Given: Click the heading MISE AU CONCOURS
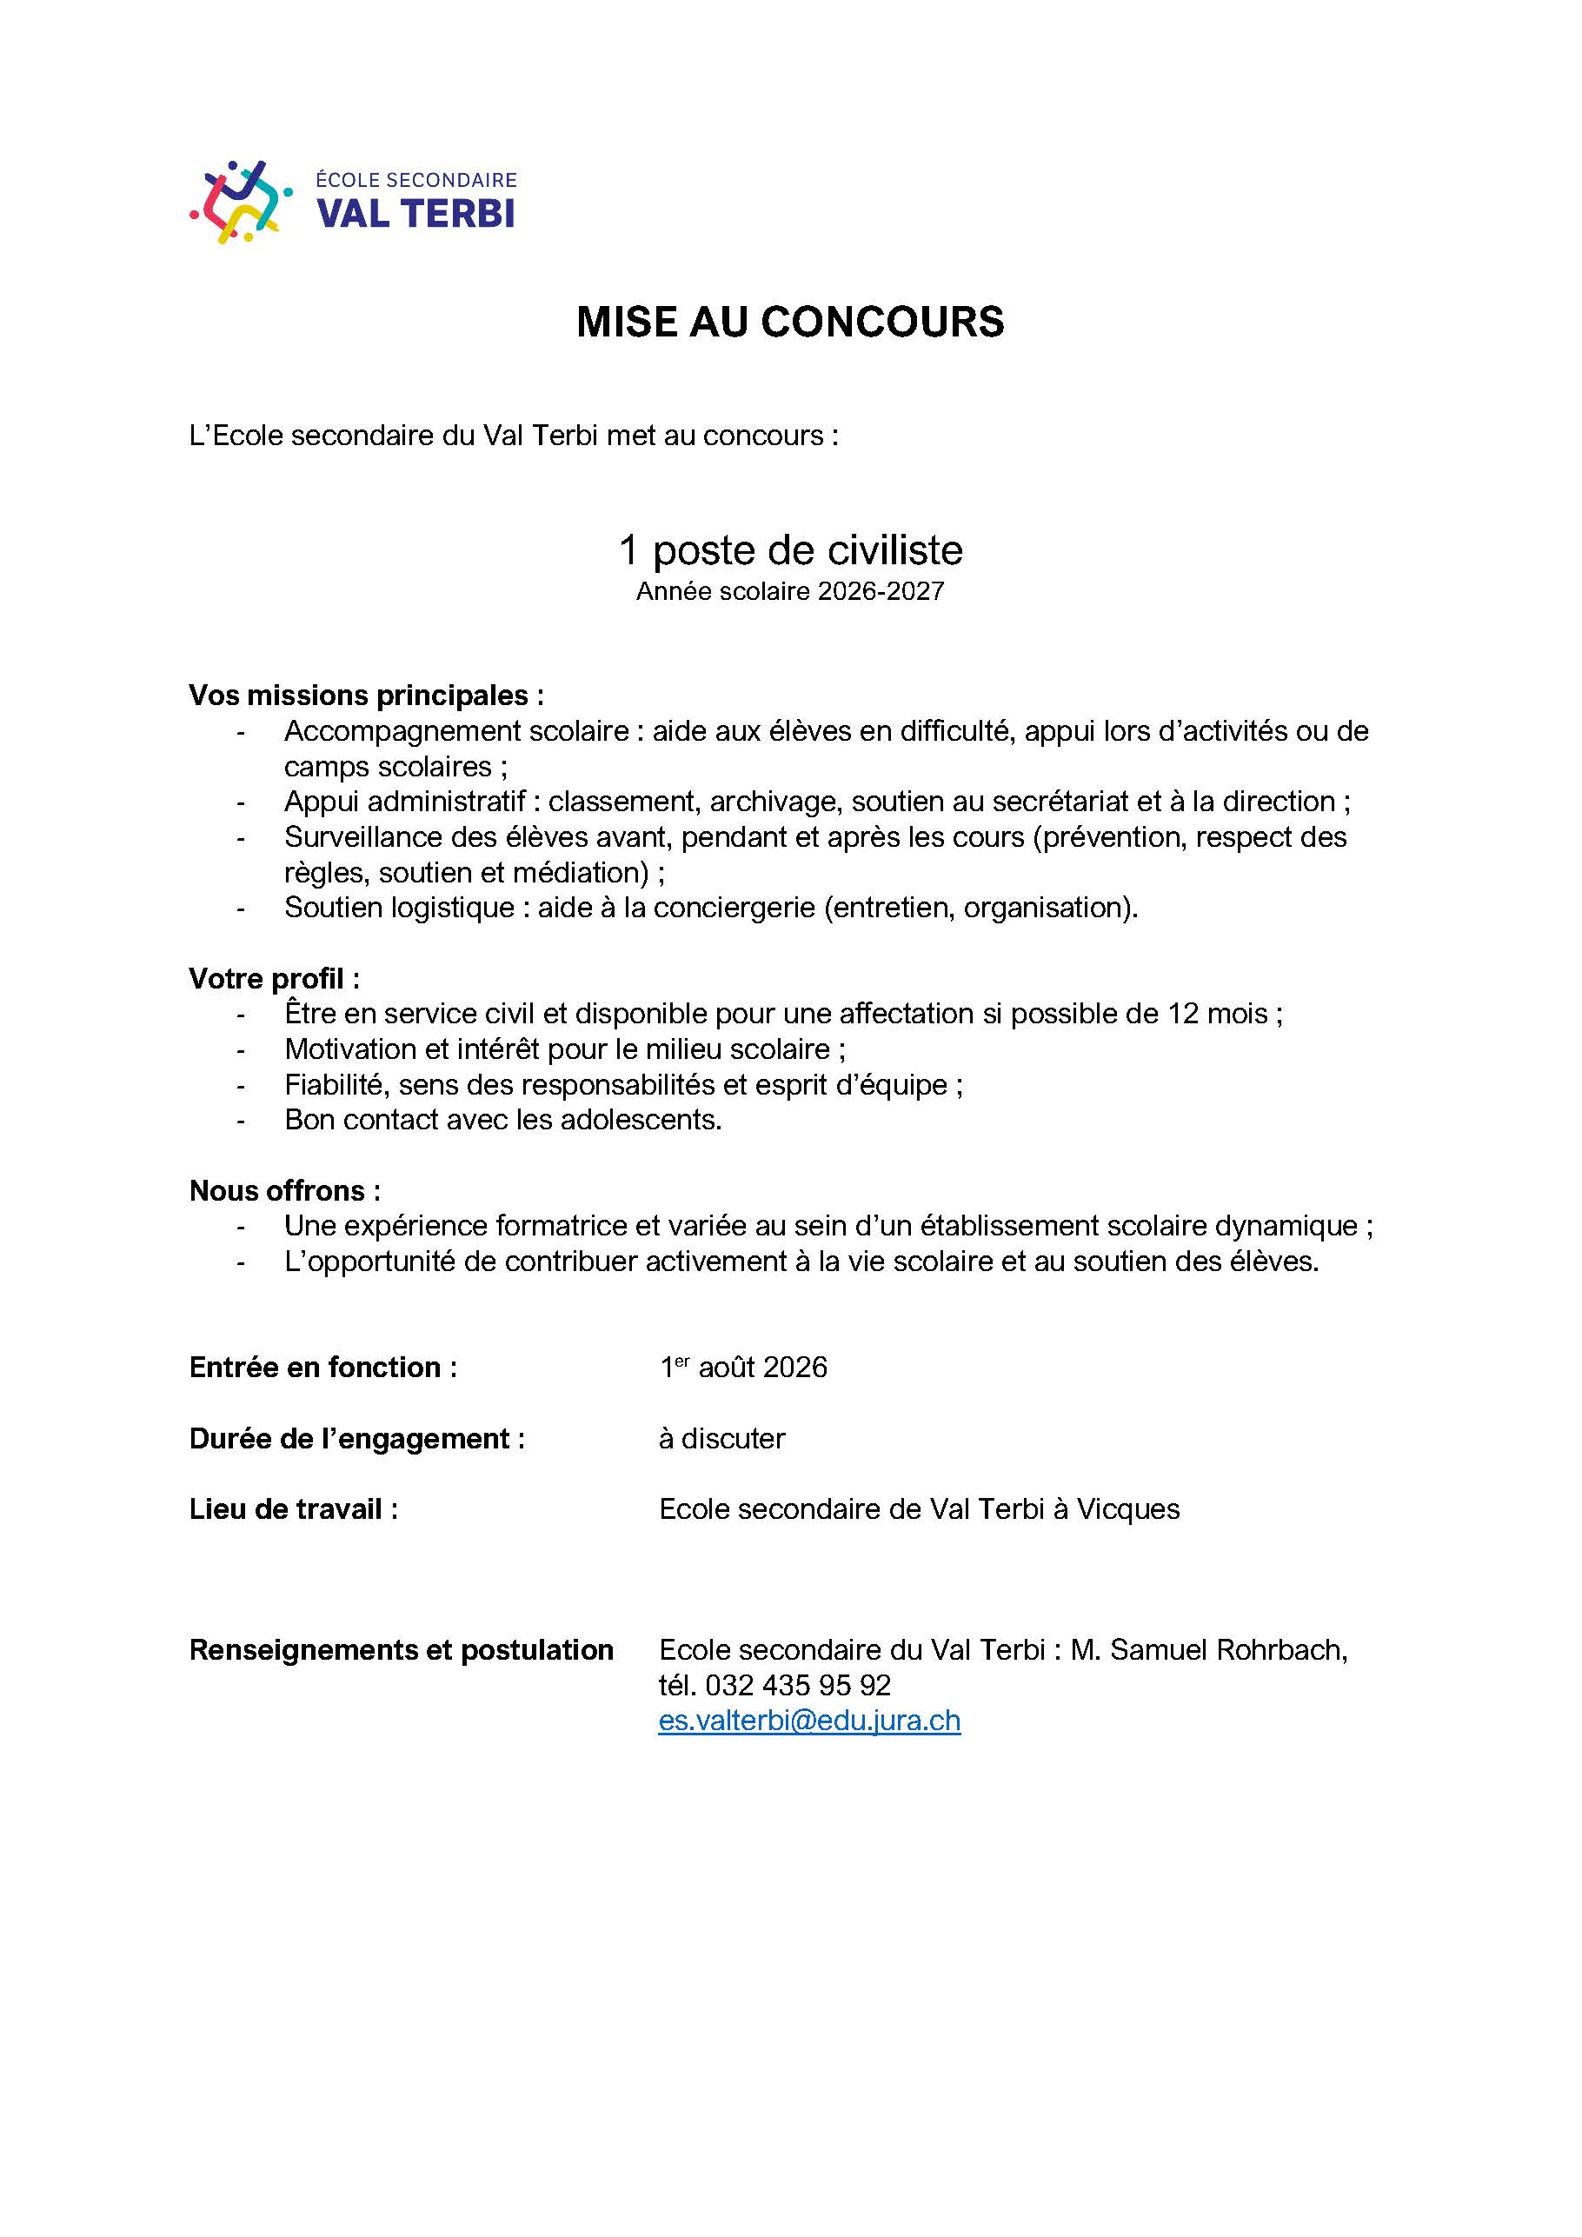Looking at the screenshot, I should tap(790, 323).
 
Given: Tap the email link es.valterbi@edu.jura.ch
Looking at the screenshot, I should tap(809, 1721).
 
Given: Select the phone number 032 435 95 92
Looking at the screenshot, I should tap(798, 1685).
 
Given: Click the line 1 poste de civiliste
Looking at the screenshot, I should tap(790, 550).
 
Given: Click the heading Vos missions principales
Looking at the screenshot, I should tap(365, 696).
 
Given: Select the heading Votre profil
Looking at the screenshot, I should tap(274, 978).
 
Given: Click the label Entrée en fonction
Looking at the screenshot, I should tap(322, 1368).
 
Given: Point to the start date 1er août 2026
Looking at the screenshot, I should tap(743, 1368).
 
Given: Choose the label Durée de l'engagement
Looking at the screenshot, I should tap(356, 1439).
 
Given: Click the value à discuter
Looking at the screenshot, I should tap(721, 1439).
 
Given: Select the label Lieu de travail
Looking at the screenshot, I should tap(293, 1509).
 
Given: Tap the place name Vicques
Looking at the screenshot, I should tap(1127, 1509).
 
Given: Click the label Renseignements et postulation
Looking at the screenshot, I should tap(402, 1649).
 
